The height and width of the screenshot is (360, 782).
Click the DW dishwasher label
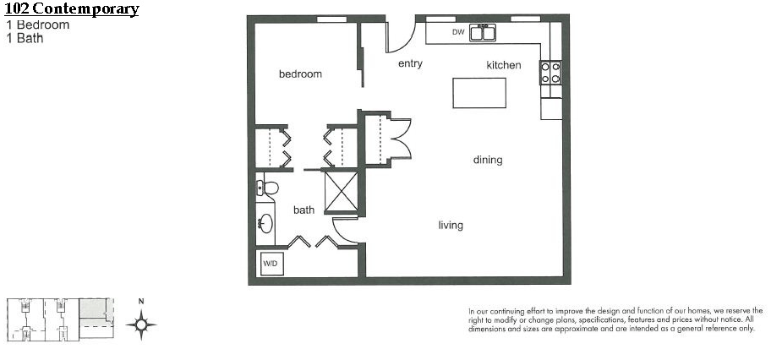coord(458,32)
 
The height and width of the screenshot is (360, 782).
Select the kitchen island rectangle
coord(479,93)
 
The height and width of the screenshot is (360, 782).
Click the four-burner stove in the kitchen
coord(550,73)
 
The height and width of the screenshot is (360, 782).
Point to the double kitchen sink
coord(483,32)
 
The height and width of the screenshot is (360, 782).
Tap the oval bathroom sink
coord(265,223)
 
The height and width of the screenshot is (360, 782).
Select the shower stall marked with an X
coord(342,191)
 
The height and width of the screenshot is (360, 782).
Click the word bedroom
coord(300,74)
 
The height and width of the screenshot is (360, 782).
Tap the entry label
coord(411,64)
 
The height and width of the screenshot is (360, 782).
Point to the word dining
coord(488,160)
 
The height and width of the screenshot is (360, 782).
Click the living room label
coord(451,226)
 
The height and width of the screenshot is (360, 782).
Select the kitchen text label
coord(504,65)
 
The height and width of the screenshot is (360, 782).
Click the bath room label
coord(304,210)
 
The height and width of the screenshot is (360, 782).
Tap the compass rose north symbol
coord(141,325)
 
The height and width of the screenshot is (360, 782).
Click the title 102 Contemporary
coord(72,9)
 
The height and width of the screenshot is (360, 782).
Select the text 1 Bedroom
coord(38,25)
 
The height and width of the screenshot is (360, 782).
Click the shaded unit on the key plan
coord(94,309)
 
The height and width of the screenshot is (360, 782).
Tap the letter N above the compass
coord(141,301)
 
